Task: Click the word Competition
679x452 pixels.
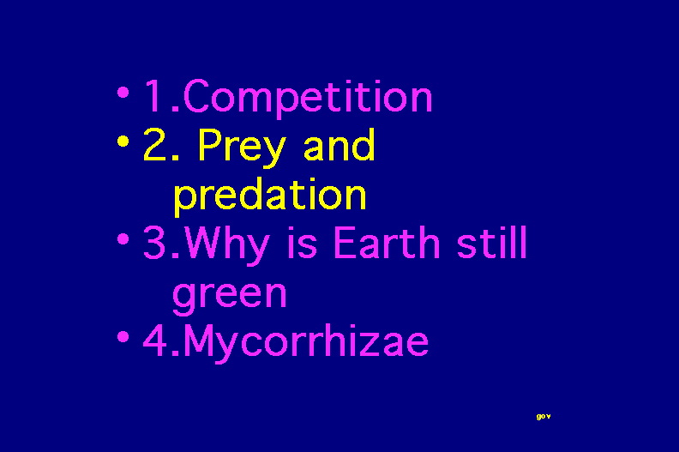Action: [308, 97]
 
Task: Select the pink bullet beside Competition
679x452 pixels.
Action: [123, 93]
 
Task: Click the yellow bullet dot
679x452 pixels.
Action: [123, 141]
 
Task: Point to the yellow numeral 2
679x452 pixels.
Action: [155, 144]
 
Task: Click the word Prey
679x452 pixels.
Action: [242, 148]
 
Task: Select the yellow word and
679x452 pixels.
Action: [339, 144]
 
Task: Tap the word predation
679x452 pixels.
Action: [270, 196]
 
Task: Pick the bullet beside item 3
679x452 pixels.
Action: [123, 238]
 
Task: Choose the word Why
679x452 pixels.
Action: [226, 244]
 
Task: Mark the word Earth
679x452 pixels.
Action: [387, 242]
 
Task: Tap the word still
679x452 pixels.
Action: [492, 242]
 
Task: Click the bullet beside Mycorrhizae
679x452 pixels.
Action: [123, 337]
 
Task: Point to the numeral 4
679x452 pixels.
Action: [155, 341]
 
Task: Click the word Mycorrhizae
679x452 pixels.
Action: [306, 343]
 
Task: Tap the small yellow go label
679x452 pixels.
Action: [544, 417]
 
